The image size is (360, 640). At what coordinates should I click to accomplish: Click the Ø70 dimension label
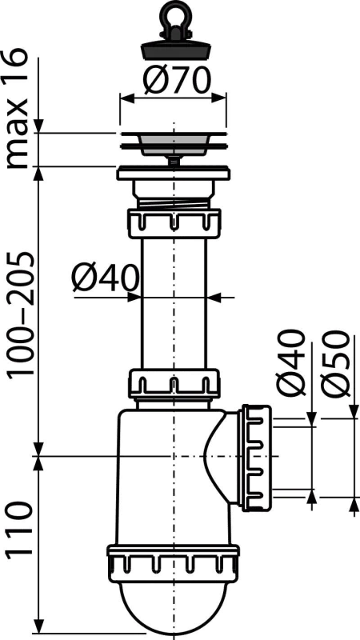[177, 81]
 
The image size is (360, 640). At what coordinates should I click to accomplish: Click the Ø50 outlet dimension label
[335, 363]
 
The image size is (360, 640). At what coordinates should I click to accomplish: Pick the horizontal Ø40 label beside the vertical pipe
[106, 278]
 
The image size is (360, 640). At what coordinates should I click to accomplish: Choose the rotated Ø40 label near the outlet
[290, 363]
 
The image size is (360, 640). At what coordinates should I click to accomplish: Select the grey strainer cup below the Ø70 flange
[174, 146]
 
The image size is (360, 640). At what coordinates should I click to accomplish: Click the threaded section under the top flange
[174, 203]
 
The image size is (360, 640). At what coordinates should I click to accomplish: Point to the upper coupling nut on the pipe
[174, 223]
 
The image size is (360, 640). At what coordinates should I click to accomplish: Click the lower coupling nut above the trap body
[174, 383]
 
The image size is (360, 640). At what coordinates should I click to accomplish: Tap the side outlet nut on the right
[256, 458]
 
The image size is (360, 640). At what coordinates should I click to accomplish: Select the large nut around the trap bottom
[174, 562]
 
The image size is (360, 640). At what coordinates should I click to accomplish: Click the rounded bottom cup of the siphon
[174, 607]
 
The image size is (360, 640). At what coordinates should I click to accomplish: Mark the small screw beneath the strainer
[174, 160]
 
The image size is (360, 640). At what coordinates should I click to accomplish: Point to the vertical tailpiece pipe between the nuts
[174, 304]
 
